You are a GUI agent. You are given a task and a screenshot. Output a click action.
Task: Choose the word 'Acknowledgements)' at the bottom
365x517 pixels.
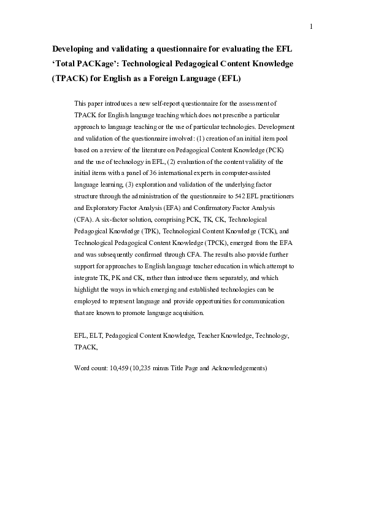click(x=239, y=369)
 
